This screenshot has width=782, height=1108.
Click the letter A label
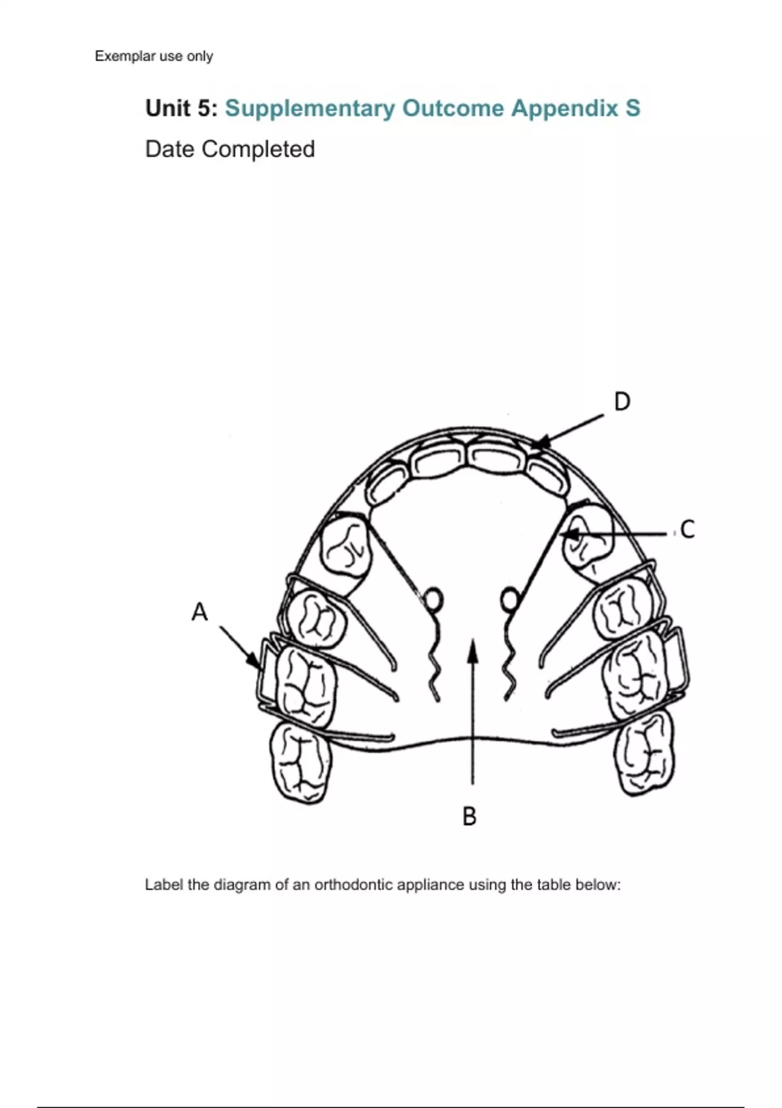[199, 612]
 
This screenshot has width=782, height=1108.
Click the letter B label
[469, 816]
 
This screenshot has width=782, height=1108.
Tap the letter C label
[687, 529]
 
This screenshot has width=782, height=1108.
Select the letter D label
[622, 401]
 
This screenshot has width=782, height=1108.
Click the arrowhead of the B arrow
[474, 648]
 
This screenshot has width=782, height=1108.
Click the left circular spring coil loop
[433, 598]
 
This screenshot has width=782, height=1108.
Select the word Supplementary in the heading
[310, 109]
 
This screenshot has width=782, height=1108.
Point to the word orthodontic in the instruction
[356, 885]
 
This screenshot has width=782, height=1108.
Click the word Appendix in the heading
[564, 109]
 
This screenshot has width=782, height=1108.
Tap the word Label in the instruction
[164, 885]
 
